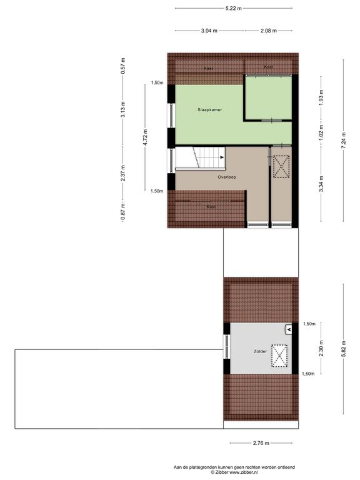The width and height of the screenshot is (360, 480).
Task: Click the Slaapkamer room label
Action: [x=210, y=109]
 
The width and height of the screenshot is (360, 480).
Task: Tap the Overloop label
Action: [x=227, y=177]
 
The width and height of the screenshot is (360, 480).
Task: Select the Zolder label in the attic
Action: [x=260, y=351]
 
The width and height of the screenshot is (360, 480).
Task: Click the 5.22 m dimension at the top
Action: [x=233, y=8]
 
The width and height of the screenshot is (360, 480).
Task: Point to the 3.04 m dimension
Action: [x=209, y=31]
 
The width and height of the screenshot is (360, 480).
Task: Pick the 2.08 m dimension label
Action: [x=269, y=31]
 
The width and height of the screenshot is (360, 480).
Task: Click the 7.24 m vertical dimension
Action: [x=344, y=141]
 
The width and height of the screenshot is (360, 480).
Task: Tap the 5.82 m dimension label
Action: [x=344, y=349]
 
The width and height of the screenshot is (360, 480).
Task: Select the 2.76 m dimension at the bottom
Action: [x=261, y=443]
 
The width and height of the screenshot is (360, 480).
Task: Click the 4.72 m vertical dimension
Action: [x=146, y=137]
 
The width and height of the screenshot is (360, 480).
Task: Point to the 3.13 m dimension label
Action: [x=122, y=109]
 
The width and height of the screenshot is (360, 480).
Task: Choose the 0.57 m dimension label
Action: [x=122, y=66]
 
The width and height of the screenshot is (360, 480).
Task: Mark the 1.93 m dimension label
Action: [x=321, y=97]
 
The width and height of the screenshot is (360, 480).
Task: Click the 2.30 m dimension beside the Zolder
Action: [x=321, y=349]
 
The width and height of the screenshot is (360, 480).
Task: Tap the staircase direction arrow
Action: [x=222, y=157]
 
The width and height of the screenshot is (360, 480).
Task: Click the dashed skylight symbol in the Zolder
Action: [x=279, y=356]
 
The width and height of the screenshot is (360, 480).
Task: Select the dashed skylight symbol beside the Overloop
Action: [x=281, y=166]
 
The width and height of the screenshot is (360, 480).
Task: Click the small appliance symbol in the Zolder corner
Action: [x=288, y=329]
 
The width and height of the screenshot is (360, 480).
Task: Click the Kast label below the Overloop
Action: [x=211, y=207]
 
